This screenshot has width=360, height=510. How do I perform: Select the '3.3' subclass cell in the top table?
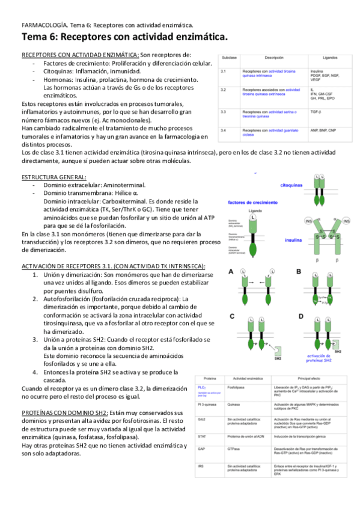[x=223, y=112]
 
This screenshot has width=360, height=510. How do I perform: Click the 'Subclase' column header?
[x=228, y=58]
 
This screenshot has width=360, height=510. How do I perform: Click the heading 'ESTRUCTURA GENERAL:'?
[x=53, y=177]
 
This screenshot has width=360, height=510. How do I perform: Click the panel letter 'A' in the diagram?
[x=231, y=272]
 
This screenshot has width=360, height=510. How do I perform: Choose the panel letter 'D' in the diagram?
[x=301, y=315]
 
